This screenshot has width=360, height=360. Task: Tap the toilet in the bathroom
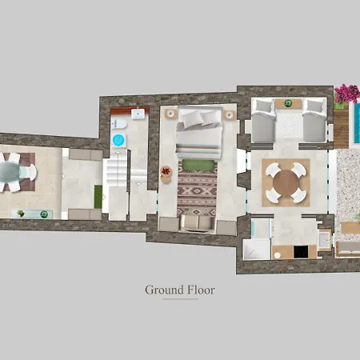tap(119, 125)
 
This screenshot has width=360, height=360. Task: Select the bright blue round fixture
tap(118, 141)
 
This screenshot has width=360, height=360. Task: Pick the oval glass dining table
tap(10, 170)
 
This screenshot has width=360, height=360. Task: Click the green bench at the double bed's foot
tap(197, 165)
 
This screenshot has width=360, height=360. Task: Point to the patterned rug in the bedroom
tap(197, 193)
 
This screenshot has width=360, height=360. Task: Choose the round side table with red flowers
tap(166, 171)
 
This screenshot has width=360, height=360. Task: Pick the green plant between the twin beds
tap(288, 103)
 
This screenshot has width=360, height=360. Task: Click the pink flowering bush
tap(346, 94)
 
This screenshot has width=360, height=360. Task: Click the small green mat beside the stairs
tap(98, 195)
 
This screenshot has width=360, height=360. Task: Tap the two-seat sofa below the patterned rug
tap(196, 223)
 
